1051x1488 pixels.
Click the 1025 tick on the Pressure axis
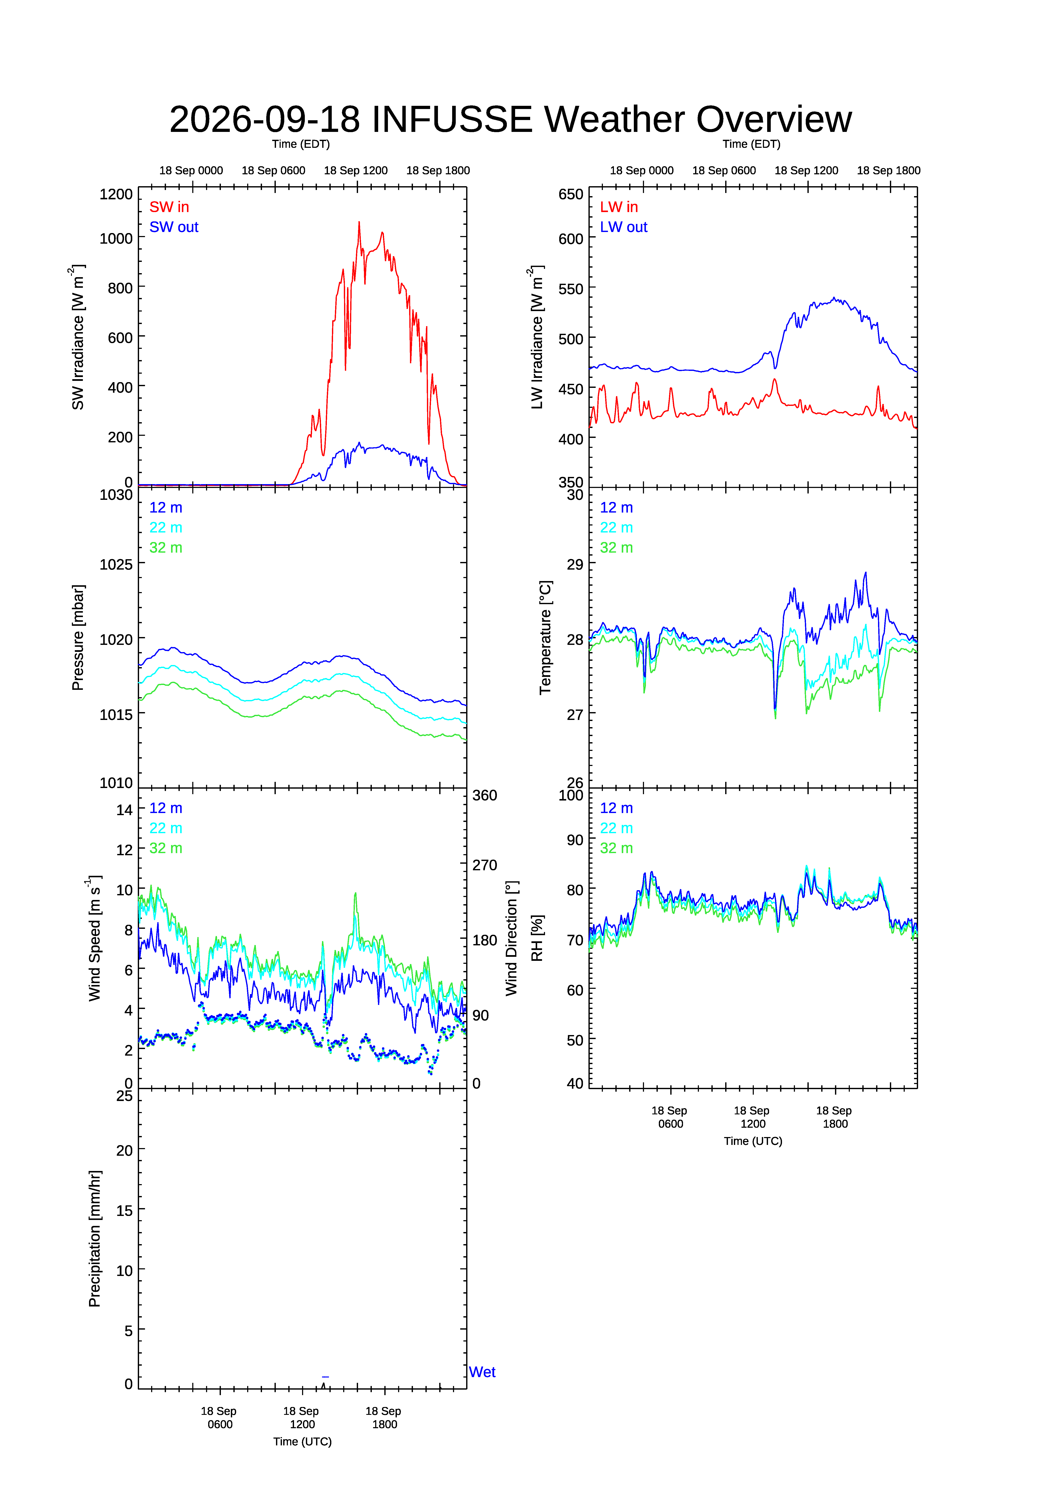coord(116,564)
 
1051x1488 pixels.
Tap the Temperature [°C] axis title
coord(546,638)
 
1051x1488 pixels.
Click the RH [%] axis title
coord(537,938)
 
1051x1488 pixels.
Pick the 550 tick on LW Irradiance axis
coord(571,289)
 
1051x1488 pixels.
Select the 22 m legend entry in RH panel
coord(616,828)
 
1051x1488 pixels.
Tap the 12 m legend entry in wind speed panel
coord(166,808)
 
